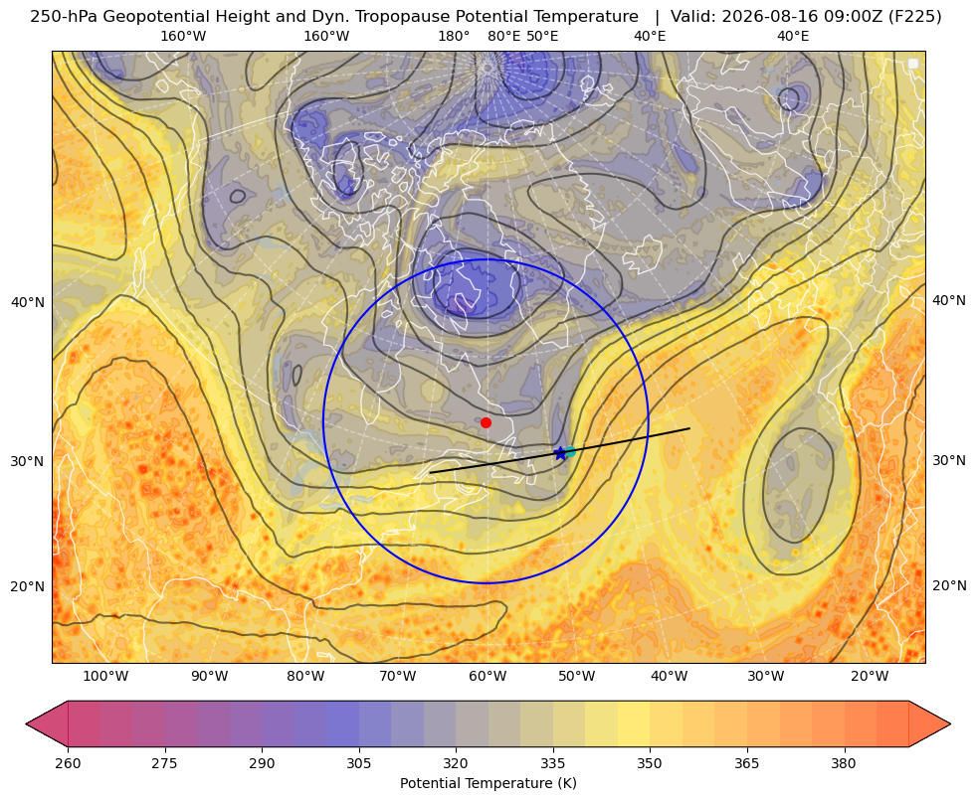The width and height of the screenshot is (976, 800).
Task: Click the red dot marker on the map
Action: click(x=487, y=422)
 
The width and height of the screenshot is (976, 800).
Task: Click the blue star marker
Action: click(x=559, y=454)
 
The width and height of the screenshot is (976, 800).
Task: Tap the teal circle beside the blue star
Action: click(x=569, y=451)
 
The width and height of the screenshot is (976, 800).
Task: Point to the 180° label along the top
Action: click(x=454, y=36)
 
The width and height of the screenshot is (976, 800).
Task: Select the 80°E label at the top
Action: click(x=503, y=36)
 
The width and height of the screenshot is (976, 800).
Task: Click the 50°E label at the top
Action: click(x=542, y=36)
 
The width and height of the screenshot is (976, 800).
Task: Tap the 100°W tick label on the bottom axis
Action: click(x=105, y=677)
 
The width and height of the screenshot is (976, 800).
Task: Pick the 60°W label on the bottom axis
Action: click(x=488, y=677)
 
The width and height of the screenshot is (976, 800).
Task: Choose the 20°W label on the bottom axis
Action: click(x=870, y=677)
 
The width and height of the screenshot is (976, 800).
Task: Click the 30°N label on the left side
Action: click(x=28, y=461)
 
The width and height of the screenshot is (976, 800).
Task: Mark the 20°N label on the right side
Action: click(x=949, y=585)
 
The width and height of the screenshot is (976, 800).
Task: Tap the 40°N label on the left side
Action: click(x=28, y=303)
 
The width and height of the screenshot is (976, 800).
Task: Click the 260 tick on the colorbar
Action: click(x=68, y=763)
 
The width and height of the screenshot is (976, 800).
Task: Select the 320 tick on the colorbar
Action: click(x=457, y=763)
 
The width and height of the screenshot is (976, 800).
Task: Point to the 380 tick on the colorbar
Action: click(x=844, y=763)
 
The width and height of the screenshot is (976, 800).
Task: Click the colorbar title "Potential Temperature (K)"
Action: click(x=488, y=783)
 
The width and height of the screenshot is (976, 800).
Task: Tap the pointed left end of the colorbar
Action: click(x=26, y=723)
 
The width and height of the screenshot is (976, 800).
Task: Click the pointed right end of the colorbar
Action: click(x=950, y=723)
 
